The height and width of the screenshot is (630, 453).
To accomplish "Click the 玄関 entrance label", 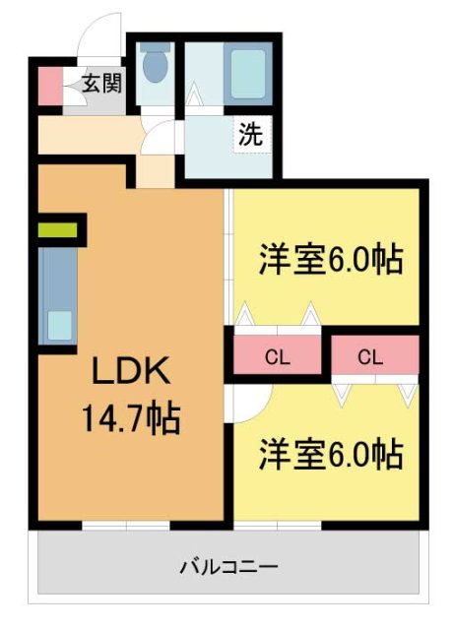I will coord(97,84).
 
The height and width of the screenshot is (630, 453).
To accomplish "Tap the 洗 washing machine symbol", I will coord(251,135).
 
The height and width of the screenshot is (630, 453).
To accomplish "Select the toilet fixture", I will coord(155,67).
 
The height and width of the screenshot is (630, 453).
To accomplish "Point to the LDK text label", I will coord(132,374).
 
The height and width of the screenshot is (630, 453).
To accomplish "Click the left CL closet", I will coord(278,357).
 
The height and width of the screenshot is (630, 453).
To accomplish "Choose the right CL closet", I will coord(371,357).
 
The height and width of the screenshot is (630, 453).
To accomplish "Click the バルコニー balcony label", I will coord(228,567).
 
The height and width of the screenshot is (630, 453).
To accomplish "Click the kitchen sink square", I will coord(60,324).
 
